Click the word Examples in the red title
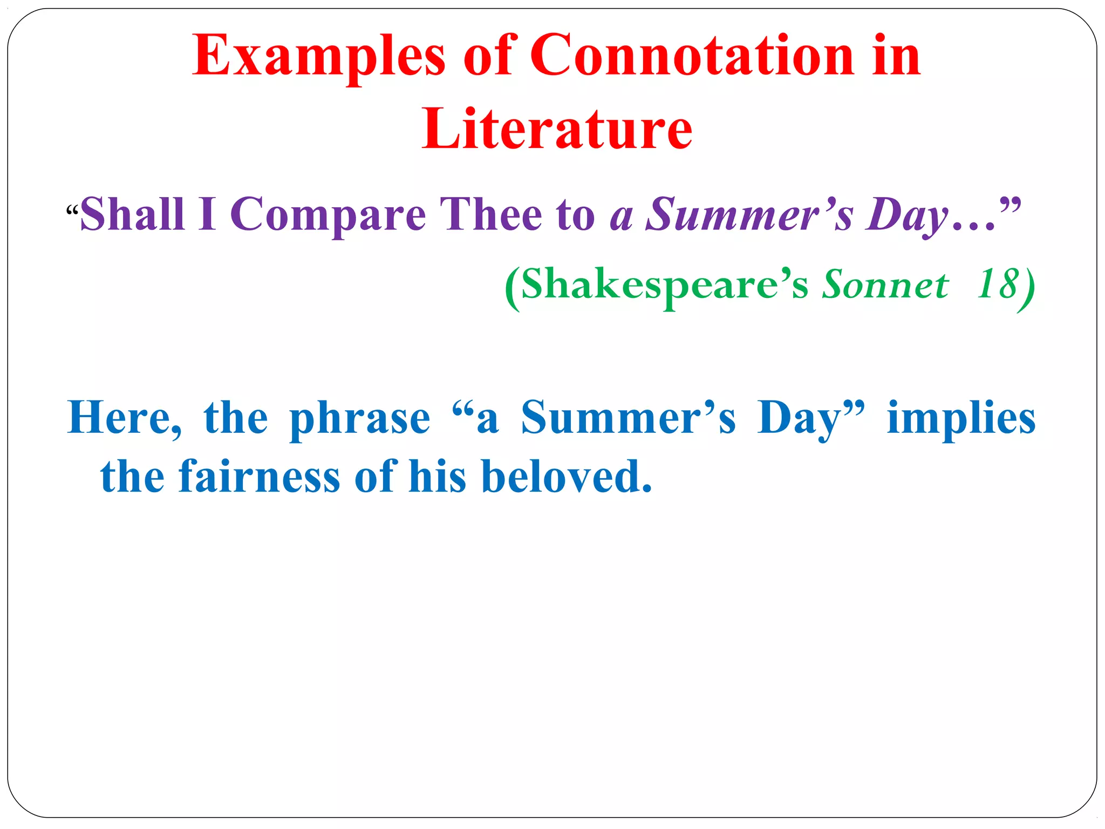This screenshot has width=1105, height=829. (x=319, y=56)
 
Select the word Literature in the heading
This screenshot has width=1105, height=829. (x=557, y=130)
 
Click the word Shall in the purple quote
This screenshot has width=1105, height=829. (x=132, y=214)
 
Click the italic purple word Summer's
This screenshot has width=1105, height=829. (x=749, y=214)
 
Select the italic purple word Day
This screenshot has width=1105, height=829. (x=906, y=215)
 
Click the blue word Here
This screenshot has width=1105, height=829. (x=125, y=418)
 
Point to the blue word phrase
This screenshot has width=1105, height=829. (x=360, y=419)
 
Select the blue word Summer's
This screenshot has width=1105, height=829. (x=628, y=418)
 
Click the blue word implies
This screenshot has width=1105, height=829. (x=961, y=419)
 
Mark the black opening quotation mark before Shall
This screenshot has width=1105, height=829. (x=72, y=209)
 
